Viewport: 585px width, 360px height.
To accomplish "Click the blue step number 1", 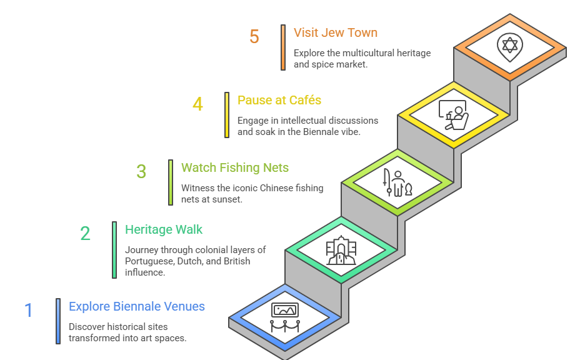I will click(28, 310).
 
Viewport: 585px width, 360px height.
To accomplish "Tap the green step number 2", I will click(85, 234).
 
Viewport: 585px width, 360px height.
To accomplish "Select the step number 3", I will click(141, 171).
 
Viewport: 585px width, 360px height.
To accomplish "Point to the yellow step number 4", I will click(197, 104).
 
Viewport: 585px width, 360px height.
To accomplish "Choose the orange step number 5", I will click(254, 36).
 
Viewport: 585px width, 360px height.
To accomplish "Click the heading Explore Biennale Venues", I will click(137, 306).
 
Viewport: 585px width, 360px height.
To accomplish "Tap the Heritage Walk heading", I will click(164, 229).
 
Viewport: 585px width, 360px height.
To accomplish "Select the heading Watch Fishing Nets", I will click(235, 167).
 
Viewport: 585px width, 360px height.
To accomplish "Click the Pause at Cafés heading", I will click(279, 100).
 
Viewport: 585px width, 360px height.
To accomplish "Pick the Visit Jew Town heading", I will click(336, 32).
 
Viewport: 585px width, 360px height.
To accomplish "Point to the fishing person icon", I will click(397, 182).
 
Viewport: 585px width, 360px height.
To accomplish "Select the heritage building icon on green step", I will click(341, 250).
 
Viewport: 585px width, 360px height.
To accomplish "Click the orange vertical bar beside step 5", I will click(283, 47).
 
